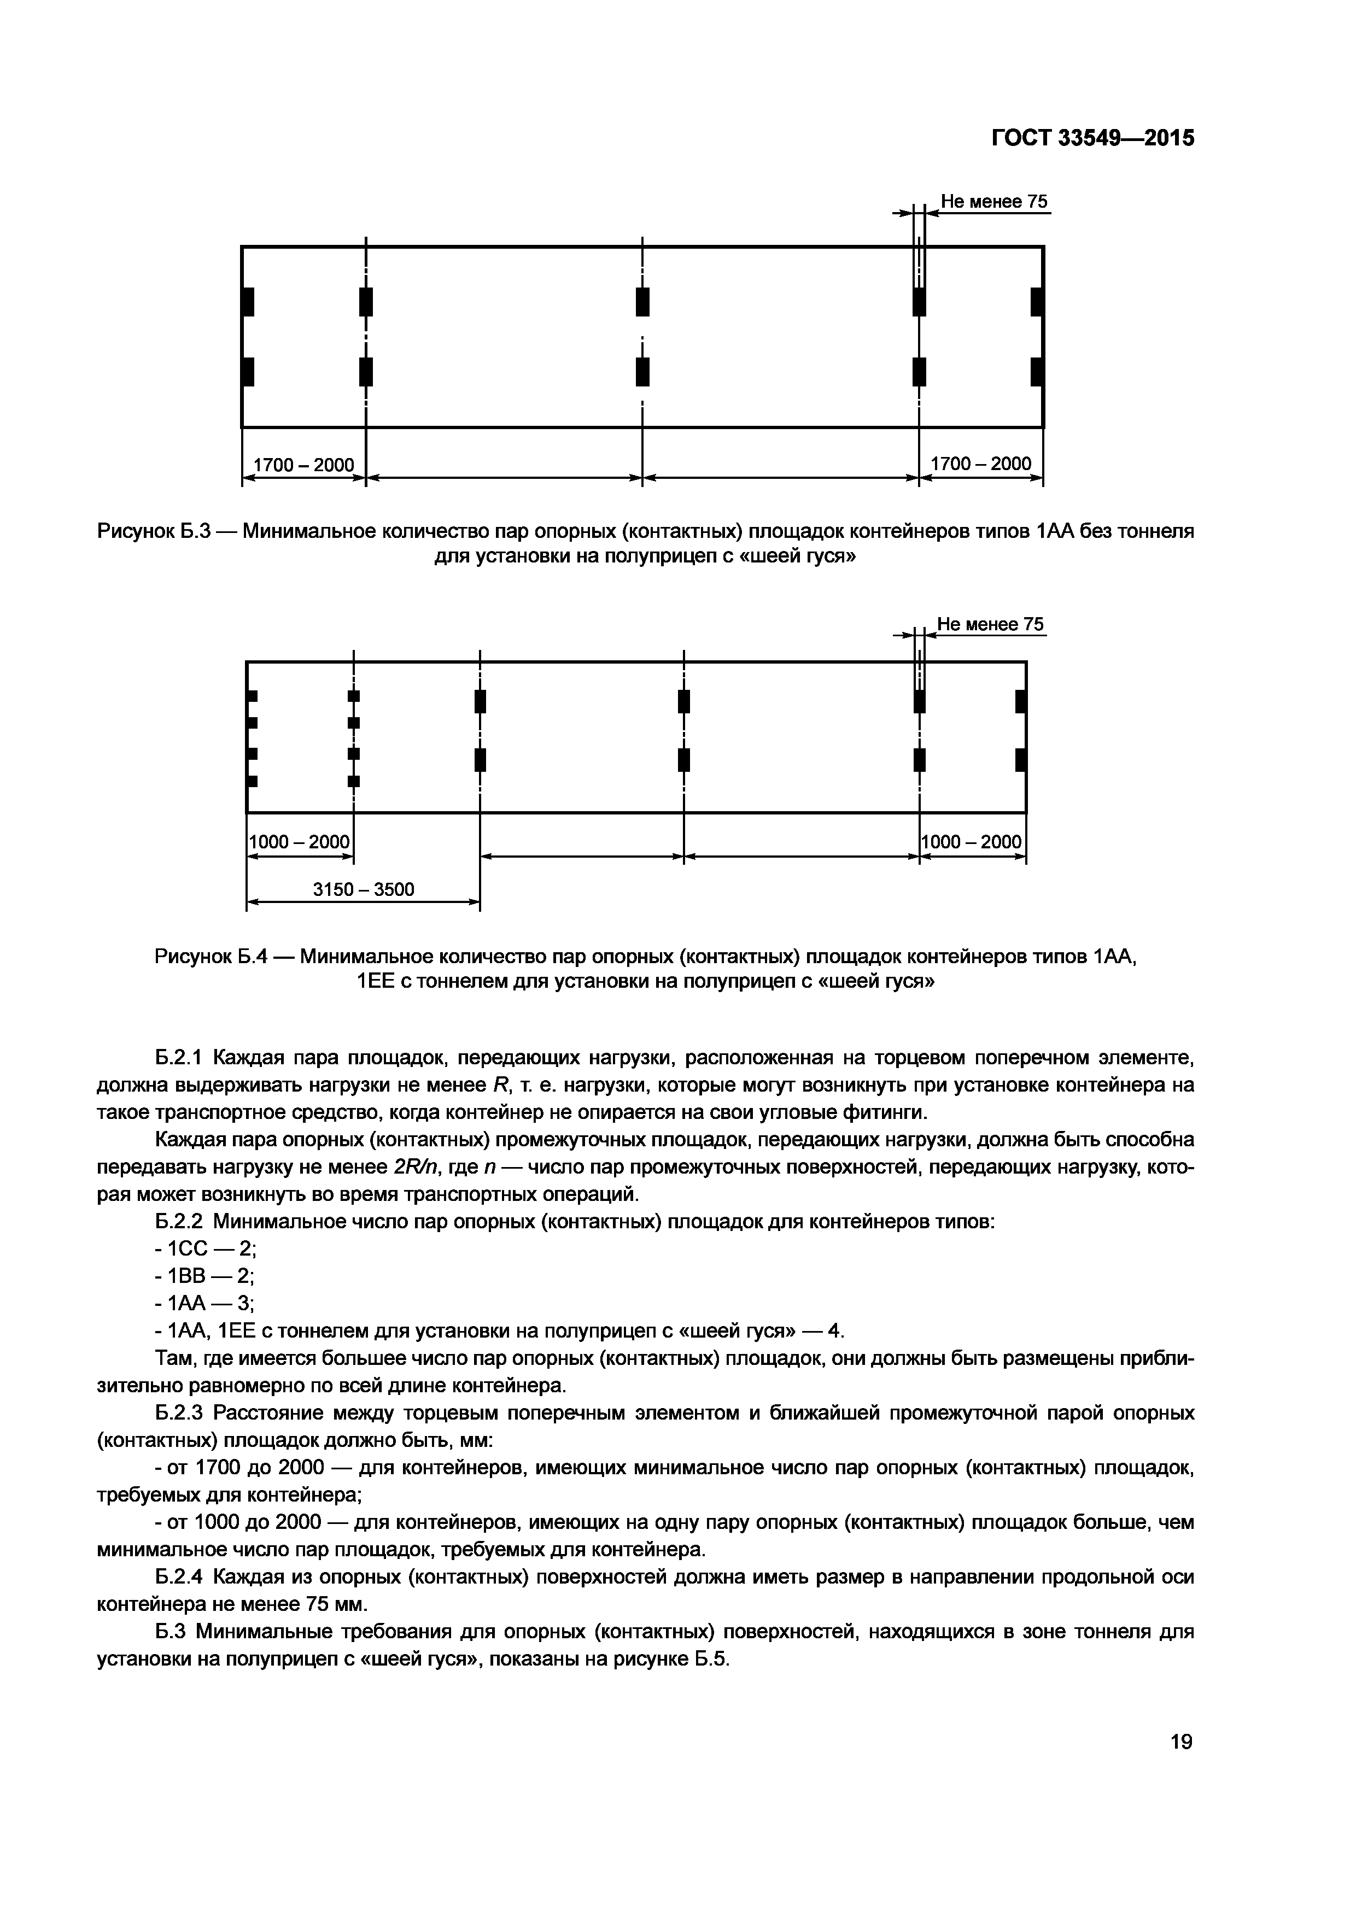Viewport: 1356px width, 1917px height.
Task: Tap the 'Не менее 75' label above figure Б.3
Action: [993, 201]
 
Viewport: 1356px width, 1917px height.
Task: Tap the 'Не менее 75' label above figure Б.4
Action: [990, 625]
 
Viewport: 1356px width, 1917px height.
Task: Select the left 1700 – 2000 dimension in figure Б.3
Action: [303, 464]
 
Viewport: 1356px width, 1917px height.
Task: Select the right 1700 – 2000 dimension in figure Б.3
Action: [980, 464]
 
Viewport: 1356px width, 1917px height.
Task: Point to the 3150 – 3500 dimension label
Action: [363, 889]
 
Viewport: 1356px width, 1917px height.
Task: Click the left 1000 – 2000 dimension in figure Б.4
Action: [300, 842]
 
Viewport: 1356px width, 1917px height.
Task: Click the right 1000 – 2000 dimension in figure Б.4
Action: [972, 842]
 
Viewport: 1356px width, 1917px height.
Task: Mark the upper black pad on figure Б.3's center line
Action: [642, 301]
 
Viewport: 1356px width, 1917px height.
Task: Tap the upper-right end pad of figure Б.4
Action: [1020, 701]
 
